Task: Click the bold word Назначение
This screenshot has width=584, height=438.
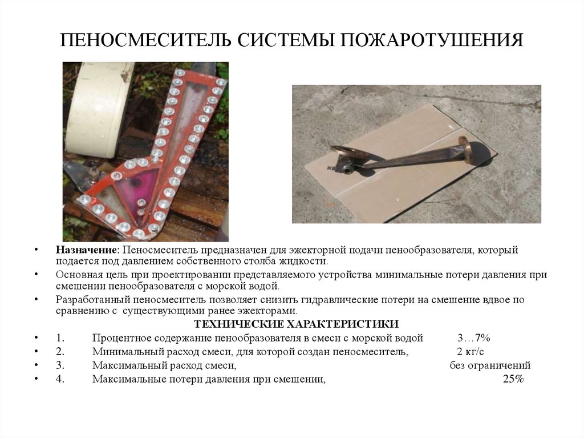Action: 86,251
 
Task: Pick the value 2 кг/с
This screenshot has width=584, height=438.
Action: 471,352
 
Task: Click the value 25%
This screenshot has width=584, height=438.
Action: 513,379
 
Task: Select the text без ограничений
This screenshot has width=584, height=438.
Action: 490,365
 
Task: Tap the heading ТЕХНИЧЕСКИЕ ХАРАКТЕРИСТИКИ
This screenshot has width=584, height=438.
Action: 293,324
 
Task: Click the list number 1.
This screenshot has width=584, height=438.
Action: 60,337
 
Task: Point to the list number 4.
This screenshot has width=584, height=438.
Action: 60,379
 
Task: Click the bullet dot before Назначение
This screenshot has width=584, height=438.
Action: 36,251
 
